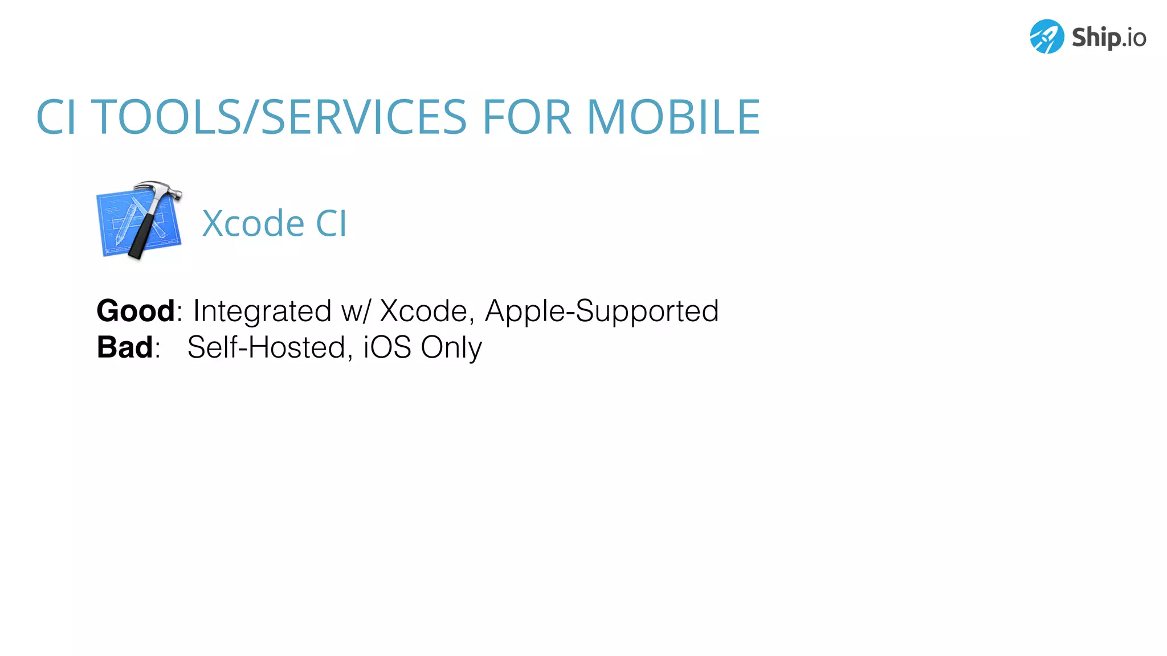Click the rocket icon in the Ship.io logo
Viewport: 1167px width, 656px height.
(1046, 37)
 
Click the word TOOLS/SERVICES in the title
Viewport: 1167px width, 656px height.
(279, 117)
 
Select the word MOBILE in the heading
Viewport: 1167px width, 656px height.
(674, 117)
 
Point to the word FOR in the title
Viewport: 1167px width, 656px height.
(527, 117)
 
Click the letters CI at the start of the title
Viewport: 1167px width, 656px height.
(56, 117)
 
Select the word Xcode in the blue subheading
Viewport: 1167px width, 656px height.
(253, 223)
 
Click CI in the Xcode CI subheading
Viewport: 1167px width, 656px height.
(331, 223)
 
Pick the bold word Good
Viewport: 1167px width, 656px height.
(136, 311)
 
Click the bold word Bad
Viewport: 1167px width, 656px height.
(125, 347)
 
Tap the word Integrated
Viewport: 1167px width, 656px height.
(262, 311)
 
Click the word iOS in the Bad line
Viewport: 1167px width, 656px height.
(387, 347)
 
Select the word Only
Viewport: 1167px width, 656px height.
(451, 348)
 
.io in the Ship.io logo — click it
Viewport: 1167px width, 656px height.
(1133, 38)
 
